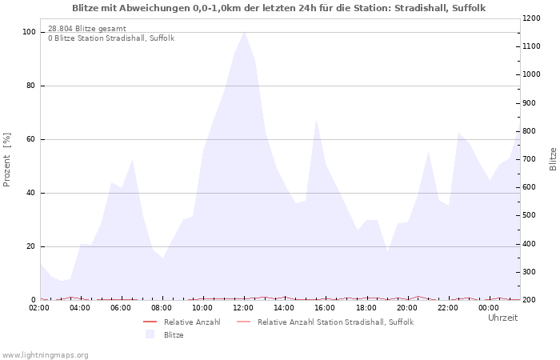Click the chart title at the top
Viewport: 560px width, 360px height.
(278, 8)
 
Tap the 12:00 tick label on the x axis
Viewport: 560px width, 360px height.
(244, 308)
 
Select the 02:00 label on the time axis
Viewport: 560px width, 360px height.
(40, 308)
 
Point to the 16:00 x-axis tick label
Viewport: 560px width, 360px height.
(326, 308)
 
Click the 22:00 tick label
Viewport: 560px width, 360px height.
(448, 308)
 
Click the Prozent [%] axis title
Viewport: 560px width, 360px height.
(7, 160)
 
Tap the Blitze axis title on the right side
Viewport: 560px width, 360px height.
(553, 158)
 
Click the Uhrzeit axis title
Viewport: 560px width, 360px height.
(502, 318)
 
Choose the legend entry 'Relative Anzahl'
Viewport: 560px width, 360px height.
(191, 322)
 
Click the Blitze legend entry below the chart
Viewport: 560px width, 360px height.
(174, 334)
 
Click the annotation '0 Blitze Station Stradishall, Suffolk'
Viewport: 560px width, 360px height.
(110, 38)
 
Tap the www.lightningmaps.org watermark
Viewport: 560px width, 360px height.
(45, 354)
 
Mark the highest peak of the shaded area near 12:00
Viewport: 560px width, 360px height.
(244, 32)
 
